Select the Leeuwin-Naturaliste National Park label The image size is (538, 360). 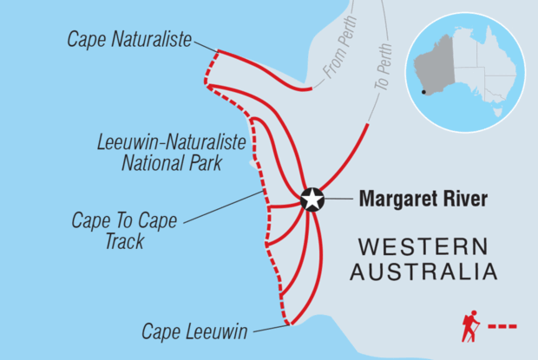(x=172, y=151)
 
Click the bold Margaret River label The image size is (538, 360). (x=423, y=200)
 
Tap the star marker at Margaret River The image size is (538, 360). (x=312, y=200)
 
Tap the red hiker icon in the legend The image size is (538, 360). (x=469, y=326)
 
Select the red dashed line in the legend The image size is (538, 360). (x=503, y=327)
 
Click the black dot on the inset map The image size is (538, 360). (x=423, y=92)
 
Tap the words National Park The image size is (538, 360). (x=174, y=161)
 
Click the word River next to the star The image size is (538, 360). (x=465, y=200)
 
